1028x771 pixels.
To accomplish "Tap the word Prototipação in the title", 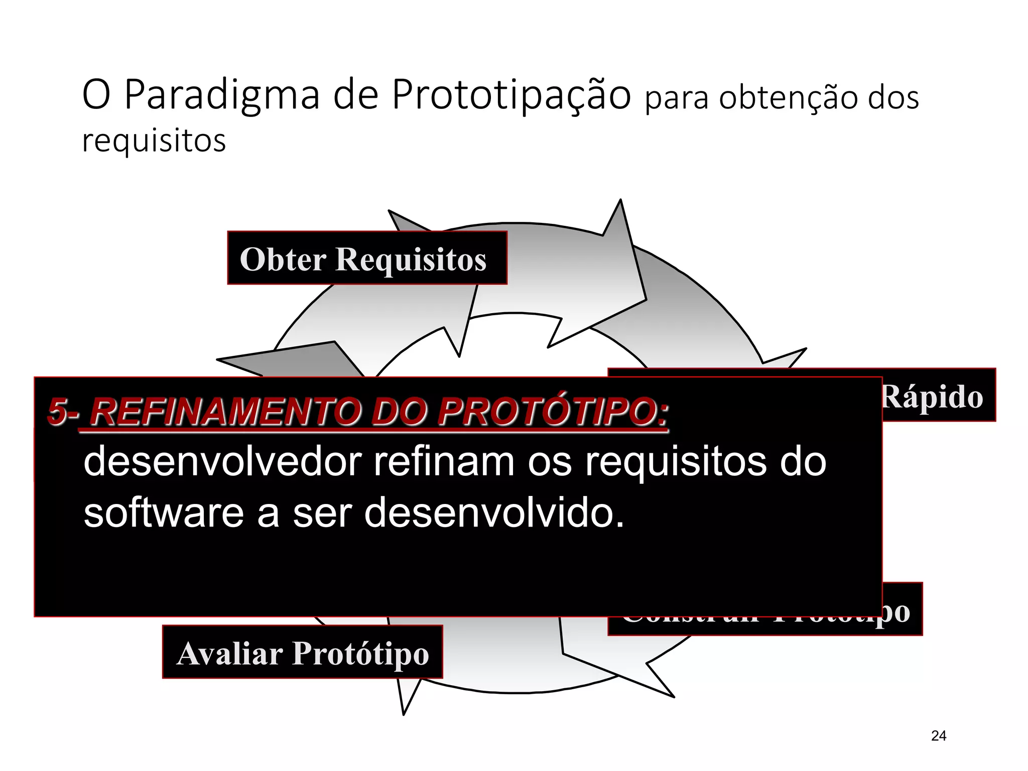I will coord(511,95).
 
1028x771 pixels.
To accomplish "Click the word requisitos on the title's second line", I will coord(154,141).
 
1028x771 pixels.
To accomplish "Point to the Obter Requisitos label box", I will coord(367,258).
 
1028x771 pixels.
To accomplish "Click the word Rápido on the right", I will coord(932,397).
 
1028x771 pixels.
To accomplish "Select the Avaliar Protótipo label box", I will coord(302,652).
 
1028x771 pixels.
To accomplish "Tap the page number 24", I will coord(938,736).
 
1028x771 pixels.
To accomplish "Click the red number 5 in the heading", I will coord(57,412).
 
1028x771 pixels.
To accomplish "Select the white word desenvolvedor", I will coord(222,462).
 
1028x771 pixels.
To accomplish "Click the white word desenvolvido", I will coord(494,513).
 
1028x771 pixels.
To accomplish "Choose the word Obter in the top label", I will coord(283,260).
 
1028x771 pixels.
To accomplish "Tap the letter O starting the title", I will coord(96,95).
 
